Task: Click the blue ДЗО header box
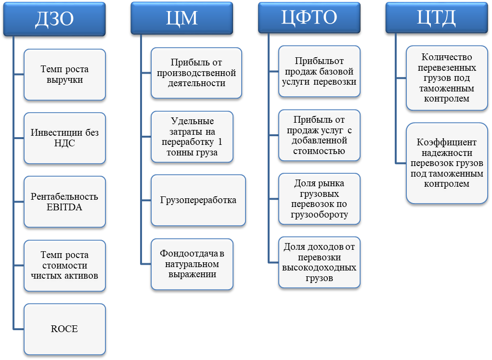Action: pos(54,19)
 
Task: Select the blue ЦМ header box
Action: pos(181,18)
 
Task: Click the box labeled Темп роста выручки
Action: pos(65,75)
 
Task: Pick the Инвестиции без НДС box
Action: pos(65,138)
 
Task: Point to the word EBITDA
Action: pos(65,207)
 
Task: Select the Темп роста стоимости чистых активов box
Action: pos(65,265)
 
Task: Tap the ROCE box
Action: pos(65,329)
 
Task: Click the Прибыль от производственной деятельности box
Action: pos(196,73)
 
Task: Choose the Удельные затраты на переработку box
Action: pos(192,137)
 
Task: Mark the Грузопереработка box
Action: pos(198,200)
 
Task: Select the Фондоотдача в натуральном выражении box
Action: pos(192,264)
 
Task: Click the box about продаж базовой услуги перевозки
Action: pos(319,71)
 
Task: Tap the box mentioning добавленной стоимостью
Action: pos(319,135)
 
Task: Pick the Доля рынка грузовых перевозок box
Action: pos(319,199)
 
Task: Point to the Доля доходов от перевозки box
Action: pos(319,262)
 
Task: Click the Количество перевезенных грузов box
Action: pos(446,78)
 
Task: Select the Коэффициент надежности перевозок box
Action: pos(446,163)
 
